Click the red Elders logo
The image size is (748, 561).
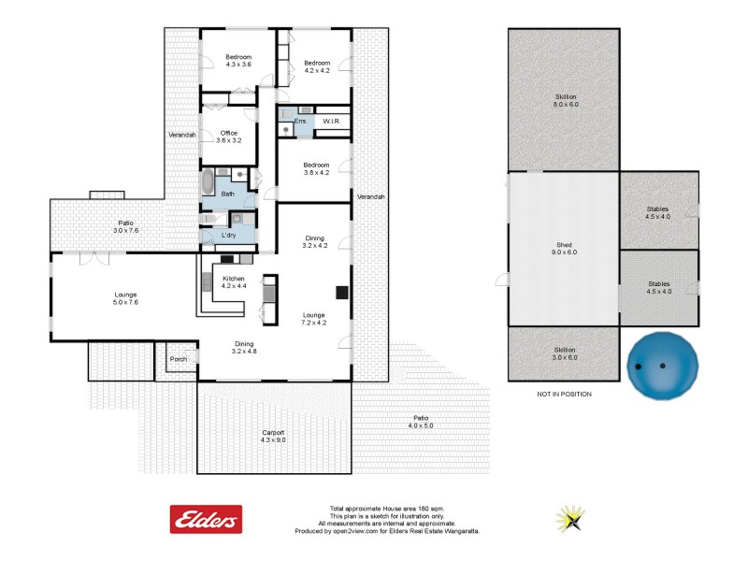point(206,519)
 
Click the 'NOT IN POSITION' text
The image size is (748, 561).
point(564,395)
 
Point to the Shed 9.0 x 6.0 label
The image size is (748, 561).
point(564,251)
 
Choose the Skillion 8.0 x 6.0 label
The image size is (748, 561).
point(565,100)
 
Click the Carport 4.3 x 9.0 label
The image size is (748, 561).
point(273,437)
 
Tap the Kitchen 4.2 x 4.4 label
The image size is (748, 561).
point(234,282)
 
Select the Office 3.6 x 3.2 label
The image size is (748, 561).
point(229,137)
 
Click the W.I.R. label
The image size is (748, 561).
point(331,122)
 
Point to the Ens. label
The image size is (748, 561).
point(300,122)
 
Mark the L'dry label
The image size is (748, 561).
point(227,236)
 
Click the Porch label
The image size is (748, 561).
point(179,359)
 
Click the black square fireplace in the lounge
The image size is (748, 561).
point(342,293)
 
